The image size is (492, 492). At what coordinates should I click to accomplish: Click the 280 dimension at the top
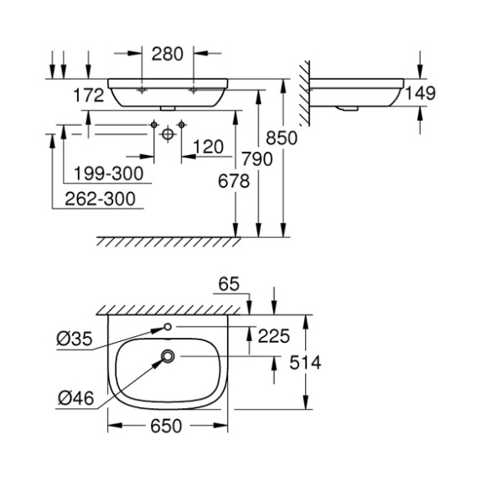click(167, 54)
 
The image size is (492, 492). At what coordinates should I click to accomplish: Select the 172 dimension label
click(88, 95)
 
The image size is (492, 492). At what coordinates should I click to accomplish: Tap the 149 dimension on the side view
click(421, 93)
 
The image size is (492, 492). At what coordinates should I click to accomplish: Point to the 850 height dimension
click(282, 138)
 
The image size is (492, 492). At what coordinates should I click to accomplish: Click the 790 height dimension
click(257, 159)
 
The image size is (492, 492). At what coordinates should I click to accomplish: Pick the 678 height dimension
click(234, 181)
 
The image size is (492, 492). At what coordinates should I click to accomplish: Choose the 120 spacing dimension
click(209, 147)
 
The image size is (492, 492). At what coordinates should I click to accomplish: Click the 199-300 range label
click(109, 173)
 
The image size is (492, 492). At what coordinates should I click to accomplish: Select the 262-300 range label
click(100, 199)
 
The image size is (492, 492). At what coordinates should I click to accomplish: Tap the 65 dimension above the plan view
click(229, 284)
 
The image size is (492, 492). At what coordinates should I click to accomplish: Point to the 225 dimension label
click(273, 336)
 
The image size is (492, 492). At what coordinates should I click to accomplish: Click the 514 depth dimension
click(305, 362)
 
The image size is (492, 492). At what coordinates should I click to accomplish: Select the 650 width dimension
click(166, 426)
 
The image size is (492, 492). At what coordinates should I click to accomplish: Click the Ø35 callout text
click(75, 339)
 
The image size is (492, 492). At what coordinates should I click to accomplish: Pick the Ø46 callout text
click(76, 398)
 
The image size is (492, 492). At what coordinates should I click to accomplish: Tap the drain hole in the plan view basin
click(168, 356)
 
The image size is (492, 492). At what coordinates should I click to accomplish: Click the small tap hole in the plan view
click(168, 327)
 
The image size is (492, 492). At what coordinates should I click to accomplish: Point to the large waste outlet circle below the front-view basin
click(168, 134)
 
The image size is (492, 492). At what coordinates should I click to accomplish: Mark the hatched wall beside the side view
click(304, 93)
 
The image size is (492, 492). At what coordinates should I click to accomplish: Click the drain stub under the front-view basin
click(168, 108)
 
